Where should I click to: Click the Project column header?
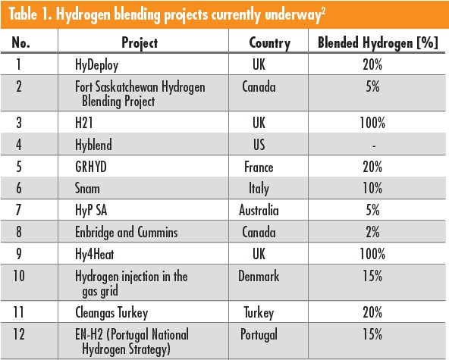click(140, 43)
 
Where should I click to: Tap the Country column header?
click(270, 43)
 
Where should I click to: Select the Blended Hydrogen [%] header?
click(378, 42)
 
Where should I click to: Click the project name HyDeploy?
click(96, 65)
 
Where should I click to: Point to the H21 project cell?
click(84, 123)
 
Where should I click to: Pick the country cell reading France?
click(259, 167)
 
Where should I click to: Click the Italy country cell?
click(259, 189)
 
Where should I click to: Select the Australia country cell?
click(259, 211)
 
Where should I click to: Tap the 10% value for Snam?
click(372, 188)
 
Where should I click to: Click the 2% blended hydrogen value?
click(372, 232)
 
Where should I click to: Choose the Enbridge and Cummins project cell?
click(126, 232)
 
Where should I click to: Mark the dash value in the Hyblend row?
click(374, 146)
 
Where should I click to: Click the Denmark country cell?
click(259, 276)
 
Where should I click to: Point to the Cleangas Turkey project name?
click(111, 312)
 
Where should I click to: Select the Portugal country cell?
click(259, 334)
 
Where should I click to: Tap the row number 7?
click(19, 210)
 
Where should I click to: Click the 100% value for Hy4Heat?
click(372, 254)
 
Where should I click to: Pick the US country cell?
click(259, 145)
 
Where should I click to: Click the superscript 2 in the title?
click(323, 11)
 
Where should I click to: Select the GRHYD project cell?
click(91, 167)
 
